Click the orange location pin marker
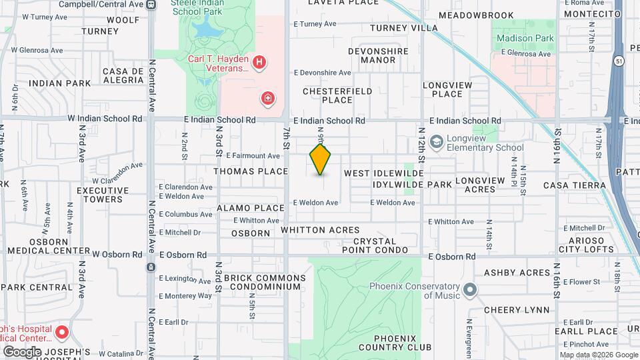321,159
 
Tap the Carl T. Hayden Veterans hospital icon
260,63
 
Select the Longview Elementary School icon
437,141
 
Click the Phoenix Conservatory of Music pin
471,290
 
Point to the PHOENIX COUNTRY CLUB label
395,342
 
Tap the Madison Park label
525,38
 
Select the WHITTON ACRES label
320,230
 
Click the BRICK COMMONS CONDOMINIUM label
265,282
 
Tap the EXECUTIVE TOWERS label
100,195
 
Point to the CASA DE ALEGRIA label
123,75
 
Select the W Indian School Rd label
105,119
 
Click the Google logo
22,351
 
